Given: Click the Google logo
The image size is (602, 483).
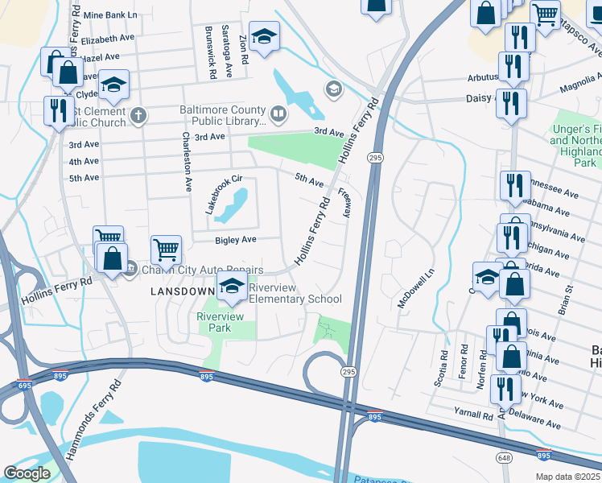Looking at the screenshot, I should pyautogui.click(x=27, y=473).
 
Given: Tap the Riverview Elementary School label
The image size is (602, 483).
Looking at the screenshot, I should pyautogui.click(x=295, y=293).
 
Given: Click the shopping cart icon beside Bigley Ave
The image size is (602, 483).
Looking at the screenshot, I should pyautogui.click(x=166, y=249).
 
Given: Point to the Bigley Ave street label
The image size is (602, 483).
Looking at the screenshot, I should pyautogui.click(x=235, y=240).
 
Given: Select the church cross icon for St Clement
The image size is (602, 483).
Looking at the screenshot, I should pyautogui.click(x=138, y=116).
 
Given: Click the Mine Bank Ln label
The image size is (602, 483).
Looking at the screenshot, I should pyautogui.click(x=110, y=15).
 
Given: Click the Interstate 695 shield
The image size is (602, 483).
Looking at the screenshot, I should pyautogui.click(x=24, y=383).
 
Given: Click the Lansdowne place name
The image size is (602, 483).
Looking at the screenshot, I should pyautogui.click(x=183, y=291).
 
